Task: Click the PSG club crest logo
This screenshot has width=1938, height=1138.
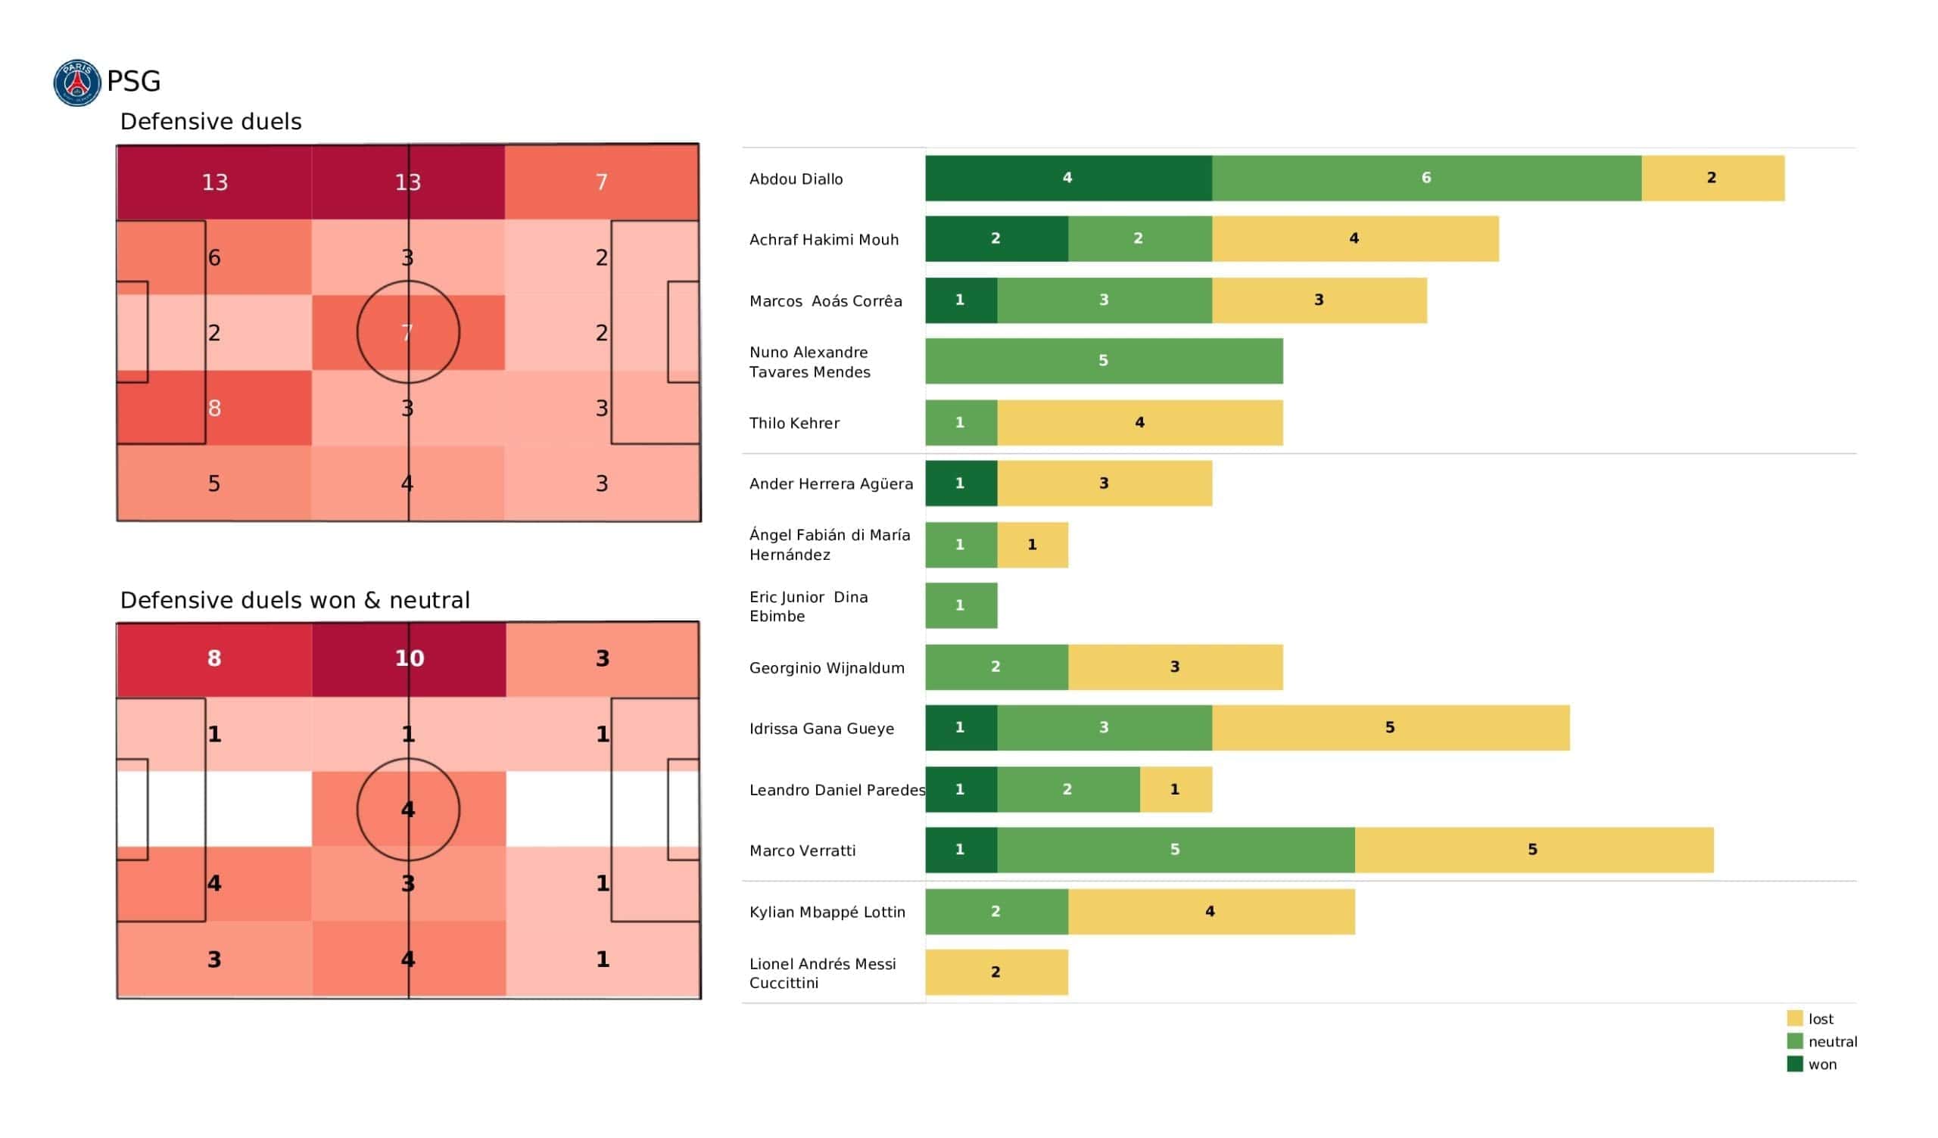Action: (77, 82)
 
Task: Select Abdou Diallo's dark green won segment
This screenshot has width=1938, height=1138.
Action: (1068, 179)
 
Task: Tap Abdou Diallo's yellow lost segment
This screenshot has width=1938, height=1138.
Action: (1712, 179)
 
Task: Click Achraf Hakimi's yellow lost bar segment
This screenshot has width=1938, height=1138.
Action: (1355, 239)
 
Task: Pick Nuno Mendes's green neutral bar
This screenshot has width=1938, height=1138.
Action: (1104, 361)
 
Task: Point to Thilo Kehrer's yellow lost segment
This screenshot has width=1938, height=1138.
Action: (1140, 423)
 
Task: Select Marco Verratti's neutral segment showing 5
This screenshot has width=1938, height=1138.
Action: (1175, 850)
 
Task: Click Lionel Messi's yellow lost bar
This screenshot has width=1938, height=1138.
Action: (996, 973)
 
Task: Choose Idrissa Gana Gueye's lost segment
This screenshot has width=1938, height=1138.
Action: (1391, 728)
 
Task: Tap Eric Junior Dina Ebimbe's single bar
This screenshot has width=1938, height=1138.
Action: (961, 606)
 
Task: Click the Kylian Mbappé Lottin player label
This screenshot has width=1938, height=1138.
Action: (827, 913)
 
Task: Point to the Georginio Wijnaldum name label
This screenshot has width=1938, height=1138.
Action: (827, 668)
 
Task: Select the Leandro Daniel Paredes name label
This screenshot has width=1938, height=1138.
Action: (837, 791)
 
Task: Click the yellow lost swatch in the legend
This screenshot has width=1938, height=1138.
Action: (1794, 1018)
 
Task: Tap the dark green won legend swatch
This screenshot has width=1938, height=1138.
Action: (1794, 1065)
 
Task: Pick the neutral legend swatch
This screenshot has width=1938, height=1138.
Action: (1794, 1042)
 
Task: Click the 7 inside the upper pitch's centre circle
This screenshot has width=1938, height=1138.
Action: (407, 333)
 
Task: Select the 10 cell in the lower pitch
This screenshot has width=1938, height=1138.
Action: (409, 659)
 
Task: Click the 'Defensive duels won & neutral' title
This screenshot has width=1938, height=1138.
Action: (294, 601)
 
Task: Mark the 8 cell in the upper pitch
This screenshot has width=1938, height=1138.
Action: (214, 409)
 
